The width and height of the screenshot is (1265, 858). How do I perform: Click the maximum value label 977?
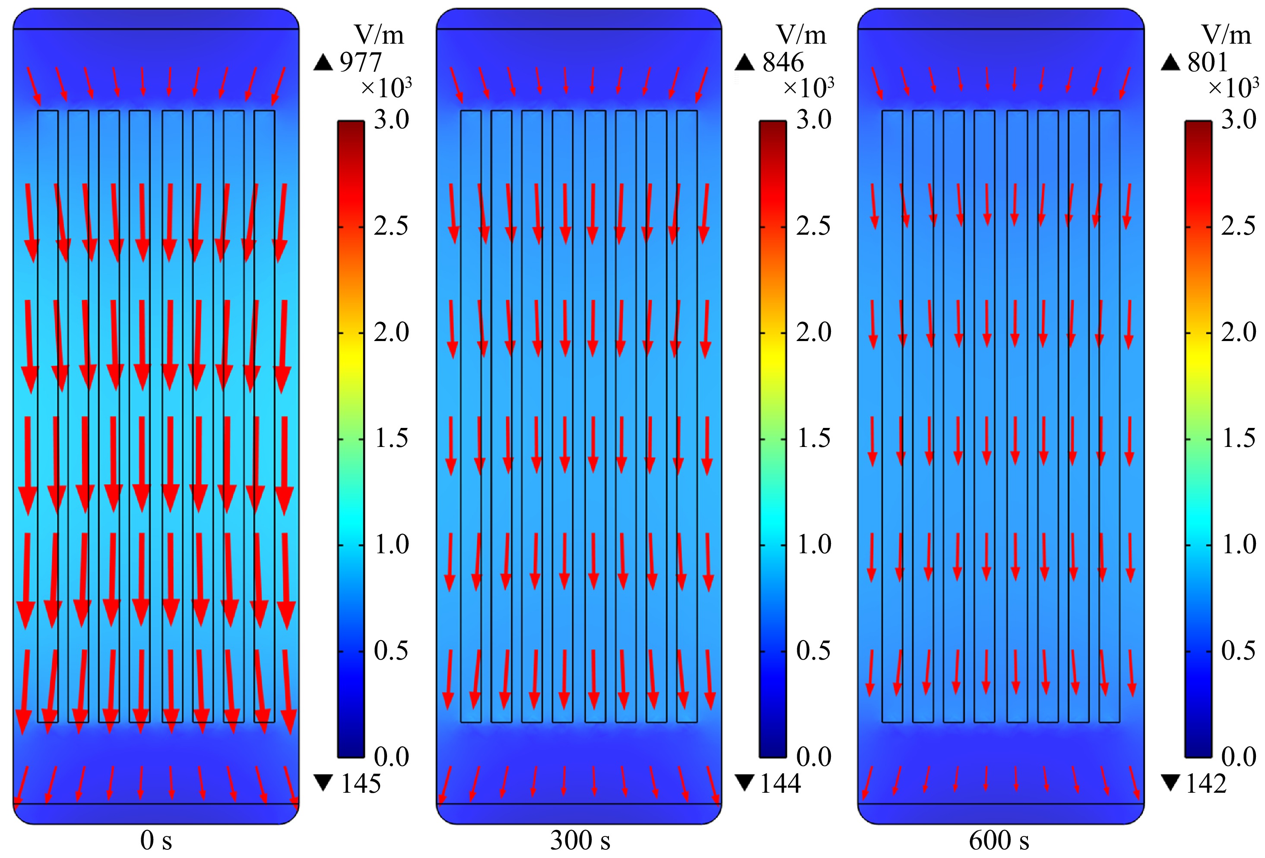pyautogui.click(x=360, y=63)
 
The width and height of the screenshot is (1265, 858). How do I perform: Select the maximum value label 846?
pyautogui.click(x=783, y=63)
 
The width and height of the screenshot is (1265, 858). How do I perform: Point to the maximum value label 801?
pyautogui.click(x=1207, y=63)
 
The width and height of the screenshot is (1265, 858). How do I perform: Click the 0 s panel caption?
pyautogui.click(x=156, y=840)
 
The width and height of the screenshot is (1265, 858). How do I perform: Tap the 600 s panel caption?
pyautogui.click(x=999, y=840)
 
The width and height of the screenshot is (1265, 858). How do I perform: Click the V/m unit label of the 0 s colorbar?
pyautogui.click(x=379, y=35)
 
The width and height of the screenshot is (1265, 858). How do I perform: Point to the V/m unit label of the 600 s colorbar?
pyautogui.click(x=1227, y=35)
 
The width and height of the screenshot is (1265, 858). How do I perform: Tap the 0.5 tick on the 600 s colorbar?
pyautogui.click(x=1238, y=651)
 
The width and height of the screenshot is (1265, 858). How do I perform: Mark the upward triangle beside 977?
pyautogui.click(x=323, y=63)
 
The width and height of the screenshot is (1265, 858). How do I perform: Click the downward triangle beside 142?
pyautogui.click(x=1170, y=783)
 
